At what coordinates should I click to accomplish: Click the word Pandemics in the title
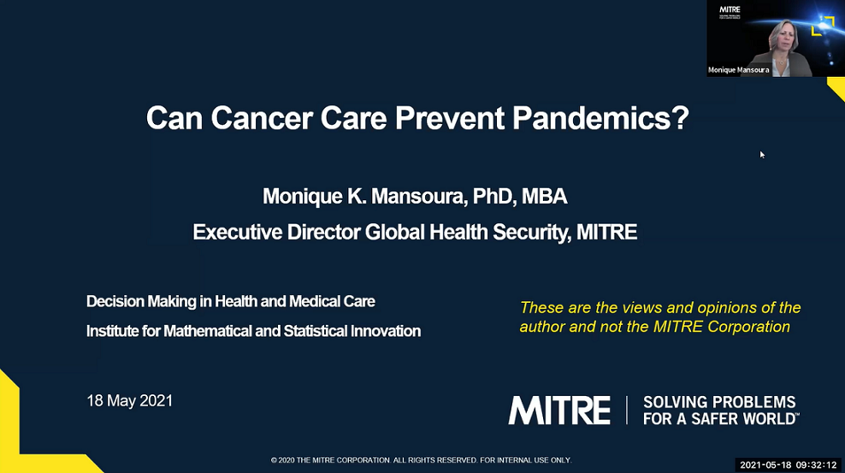coord(600,118)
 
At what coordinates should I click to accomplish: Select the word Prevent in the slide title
coord(449,118)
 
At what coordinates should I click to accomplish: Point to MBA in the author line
coord(547,197)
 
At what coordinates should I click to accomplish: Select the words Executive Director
coord(277,232)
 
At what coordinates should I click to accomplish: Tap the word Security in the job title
coord(521,232)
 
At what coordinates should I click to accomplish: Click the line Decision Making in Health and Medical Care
coord(231,301)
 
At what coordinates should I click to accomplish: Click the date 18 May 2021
coord(130,401)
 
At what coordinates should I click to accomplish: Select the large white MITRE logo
coord(560,411)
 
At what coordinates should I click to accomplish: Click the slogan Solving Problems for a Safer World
coord(721,411)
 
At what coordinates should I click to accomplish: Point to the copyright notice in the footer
coord(421,460)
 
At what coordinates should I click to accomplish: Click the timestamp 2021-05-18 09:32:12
coord(787,464)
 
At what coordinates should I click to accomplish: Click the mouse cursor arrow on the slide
coord(762,154)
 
